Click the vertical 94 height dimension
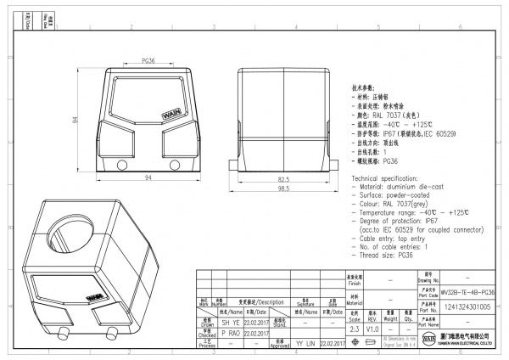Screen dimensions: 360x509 click(x=77, y=121)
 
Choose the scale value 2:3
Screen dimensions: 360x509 click(x=354, y=326)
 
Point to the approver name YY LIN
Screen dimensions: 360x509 click(x=305, y=343)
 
